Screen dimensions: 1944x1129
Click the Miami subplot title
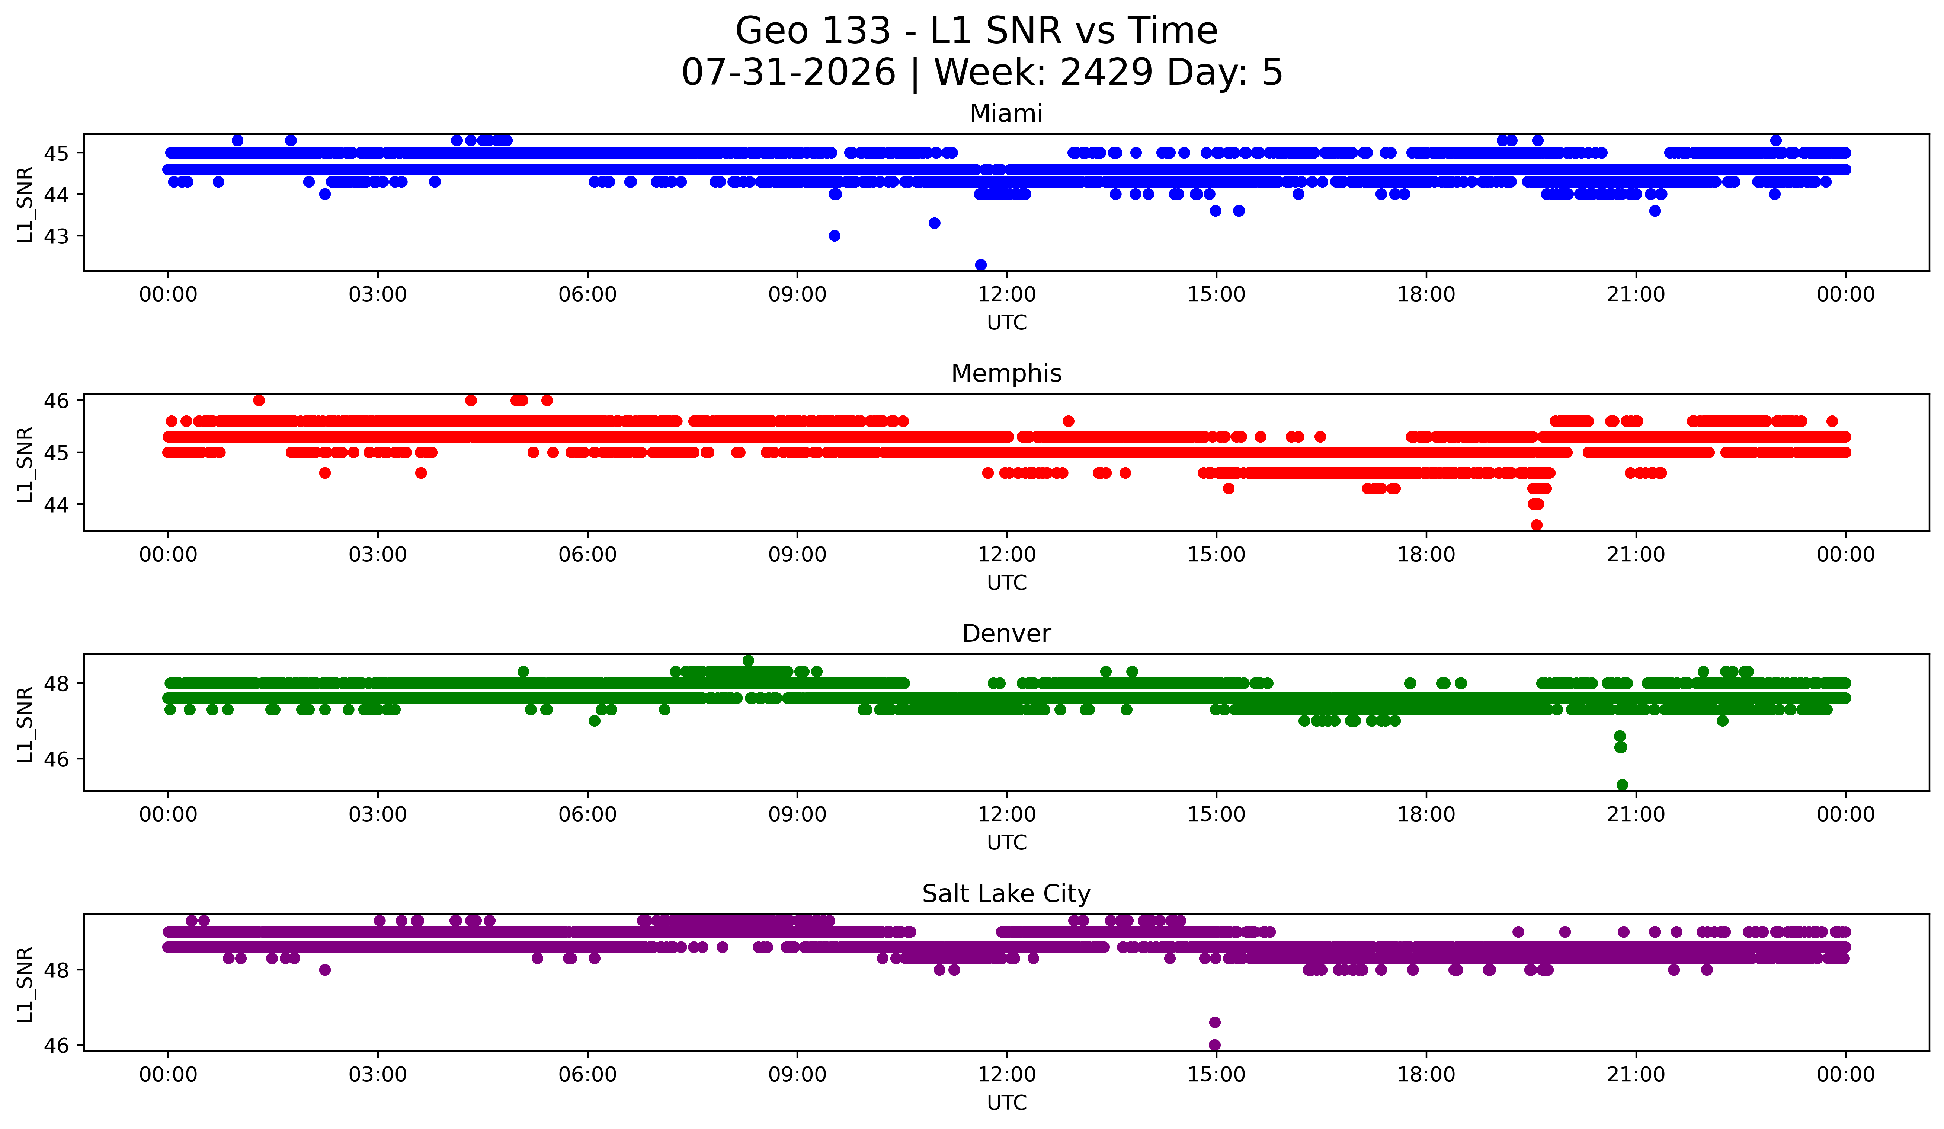point(1006,114)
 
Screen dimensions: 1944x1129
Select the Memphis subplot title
point(1006,373)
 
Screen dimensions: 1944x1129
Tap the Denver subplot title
point(1006,634)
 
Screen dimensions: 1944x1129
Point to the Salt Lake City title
point(1006,894)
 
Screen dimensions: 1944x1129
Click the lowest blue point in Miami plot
point(980,265)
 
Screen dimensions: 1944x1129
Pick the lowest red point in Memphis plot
point(1537,525)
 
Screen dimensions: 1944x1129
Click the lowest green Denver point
point(1622,785)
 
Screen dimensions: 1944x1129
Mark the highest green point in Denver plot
point(748,661)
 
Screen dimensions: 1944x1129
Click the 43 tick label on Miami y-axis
point(55,236)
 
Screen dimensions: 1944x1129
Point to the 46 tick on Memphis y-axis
point(55,401)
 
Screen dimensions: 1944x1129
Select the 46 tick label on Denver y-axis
point(55,759)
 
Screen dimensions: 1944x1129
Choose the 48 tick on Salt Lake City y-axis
point(55,970)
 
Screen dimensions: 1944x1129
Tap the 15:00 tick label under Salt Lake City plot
point(1217,1074)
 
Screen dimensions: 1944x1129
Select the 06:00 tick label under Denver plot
point(588,814)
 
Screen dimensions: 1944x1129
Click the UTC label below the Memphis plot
point(1007,583)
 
